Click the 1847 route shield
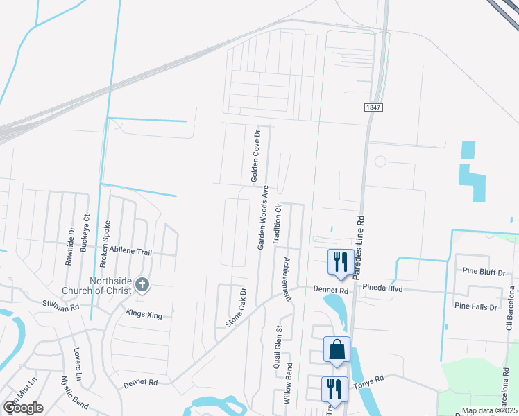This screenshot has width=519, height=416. point(373,107)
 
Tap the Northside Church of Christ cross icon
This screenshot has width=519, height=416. point(142,284)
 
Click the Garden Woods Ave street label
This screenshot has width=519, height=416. point(263,217)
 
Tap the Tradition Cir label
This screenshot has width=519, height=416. point(277,224)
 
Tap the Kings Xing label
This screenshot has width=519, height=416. point(144,315)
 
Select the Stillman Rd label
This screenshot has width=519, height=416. point(61,303)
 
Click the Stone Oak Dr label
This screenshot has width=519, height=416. point(236,308)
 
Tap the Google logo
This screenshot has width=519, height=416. point(22,408)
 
